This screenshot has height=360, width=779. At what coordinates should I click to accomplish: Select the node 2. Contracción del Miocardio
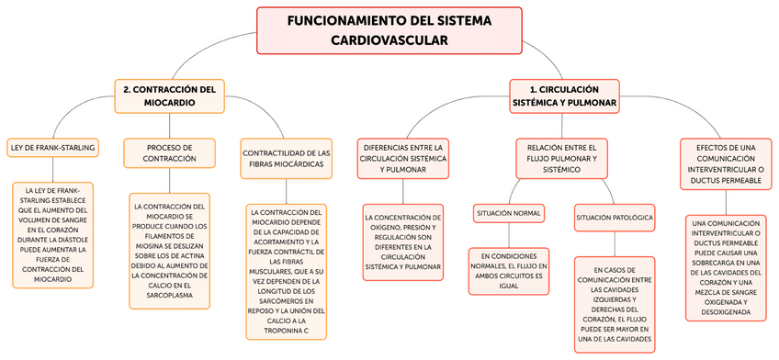pyautogui.click(x=169, y=96)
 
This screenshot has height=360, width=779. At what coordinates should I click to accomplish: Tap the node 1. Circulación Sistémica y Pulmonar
pyautogui.click(x=564, y=96)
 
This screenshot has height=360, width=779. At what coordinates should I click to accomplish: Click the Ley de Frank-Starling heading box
pyautogui.click(x=52, y=147)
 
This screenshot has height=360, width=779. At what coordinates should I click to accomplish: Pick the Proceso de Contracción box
pyautogui.click(x=169, y=152)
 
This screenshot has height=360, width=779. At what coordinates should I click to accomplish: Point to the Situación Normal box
pyautogui.click(x=509, y=213)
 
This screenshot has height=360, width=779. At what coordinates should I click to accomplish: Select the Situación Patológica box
pyautogui.click(x=615, y=218)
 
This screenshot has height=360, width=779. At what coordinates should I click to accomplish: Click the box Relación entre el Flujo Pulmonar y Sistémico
pyautogui.click(x=562, y=158)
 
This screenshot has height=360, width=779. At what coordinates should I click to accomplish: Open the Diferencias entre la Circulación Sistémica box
pyautogui.click(x=402, y=158)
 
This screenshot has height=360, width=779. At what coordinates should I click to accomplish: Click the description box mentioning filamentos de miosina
pyautogui.click(x=169, y=246)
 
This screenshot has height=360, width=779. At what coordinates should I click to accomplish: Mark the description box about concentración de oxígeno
pyautogui.click(x=402, y=242)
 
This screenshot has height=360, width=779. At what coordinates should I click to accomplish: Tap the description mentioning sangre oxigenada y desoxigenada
pyautogui.click(x=726, y=267)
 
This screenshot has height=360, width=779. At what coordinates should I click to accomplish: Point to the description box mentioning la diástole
pyautogui.click(x=52, y=235)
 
